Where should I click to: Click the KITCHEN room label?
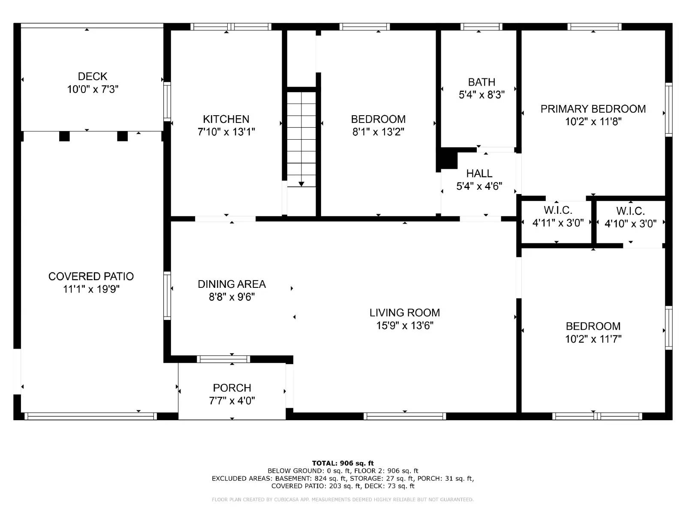226,119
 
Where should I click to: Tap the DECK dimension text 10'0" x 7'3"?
93,90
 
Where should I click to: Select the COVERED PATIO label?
91,276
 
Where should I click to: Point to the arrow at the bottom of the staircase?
301,184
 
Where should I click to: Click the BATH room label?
481,82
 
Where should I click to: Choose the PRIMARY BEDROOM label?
593,109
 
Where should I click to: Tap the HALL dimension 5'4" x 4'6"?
479,186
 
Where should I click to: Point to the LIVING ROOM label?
405,313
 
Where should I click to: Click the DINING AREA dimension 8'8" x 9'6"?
232,297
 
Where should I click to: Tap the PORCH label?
232,388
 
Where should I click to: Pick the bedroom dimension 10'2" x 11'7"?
593,339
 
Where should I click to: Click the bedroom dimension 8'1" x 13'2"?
378,132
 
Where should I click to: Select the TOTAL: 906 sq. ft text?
343,463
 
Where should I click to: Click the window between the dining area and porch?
223,359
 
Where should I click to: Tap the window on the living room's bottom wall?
405,416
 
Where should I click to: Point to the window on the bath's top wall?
481,27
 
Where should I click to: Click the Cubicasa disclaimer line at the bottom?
343,499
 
